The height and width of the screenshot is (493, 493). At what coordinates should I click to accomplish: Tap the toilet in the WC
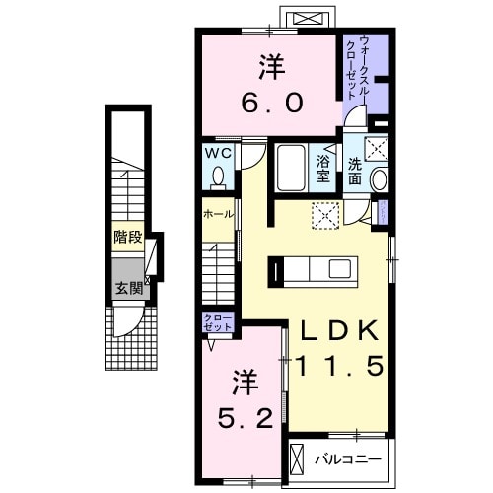click(x=218, y=177)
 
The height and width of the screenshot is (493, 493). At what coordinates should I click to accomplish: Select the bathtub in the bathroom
click(x=290, y=168)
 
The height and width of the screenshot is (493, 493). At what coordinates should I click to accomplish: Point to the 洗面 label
click(x=355, y=171)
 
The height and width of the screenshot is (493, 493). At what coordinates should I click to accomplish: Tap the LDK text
click(x=330, y=330)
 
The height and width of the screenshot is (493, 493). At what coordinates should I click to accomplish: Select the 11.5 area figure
click(x=333, y=367)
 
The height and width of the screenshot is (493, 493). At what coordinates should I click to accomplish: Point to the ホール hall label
click(x=218, y=214)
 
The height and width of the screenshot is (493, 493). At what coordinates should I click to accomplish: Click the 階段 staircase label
click(x=126, y=238)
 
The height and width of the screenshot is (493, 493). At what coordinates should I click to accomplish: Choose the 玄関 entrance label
click(x=126, y=289)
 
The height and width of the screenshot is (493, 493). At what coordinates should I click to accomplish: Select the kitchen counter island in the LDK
click(x=317, y=268)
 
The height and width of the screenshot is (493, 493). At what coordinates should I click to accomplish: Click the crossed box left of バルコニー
click(x=300, y=459)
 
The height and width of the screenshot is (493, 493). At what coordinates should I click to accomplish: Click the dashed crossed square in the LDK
click(x=324, y=215)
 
